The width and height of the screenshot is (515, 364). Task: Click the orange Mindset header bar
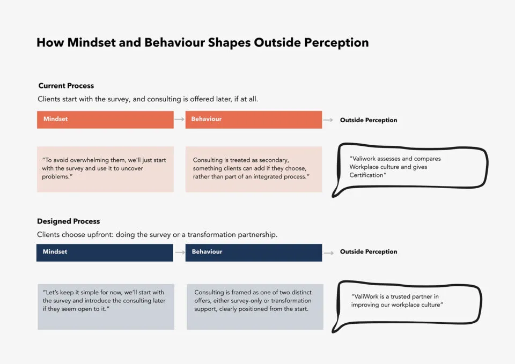[105, 120]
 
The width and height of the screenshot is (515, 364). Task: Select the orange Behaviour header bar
[254, 120]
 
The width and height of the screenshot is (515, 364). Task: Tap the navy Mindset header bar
[105, 252]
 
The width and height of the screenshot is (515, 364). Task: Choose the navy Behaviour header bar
[254, 252]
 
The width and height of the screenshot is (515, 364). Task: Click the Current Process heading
[66, 86]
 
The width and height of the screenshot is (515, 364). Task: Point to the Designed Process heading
[68, 221]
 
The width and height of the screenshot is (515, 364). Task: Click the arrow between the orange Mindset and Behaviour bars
[179, 119]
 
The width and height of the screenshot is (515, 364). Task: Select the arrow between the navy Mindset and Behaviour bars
[180, 252]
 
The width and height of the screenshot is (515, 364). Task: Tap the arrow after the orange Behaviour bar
[328, 120]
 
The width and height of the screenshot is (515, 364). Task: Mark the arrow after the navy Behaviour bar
[329, 253]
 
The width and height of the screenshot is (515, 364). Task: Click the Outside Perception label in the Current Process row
[369, 120]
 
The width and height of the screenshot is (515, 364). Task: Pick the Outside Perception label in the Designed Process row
[369, 252]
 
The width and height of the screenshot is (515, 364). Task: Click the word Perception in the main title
[336, 43]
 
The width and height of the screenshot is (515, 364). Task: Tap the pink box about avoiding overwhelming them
[105, 169]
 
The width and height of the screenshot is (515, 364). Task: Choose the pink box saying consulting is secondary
[254, 169]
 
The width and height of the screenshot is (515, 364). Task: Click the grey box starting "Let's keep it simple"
[106, 307]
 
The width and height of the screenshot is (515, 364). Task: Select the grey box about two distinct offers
[255, 307]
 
